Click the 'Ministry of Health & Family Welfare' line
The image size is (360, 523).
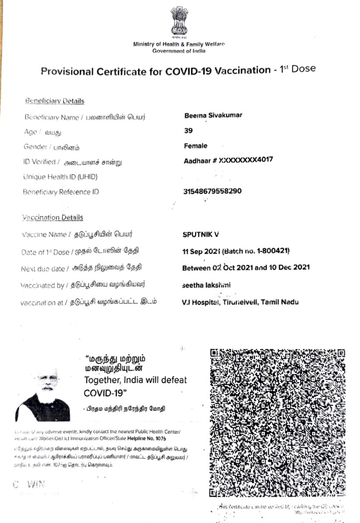point(179,44)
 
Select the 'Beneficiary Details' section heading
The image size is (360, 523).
point(55,101)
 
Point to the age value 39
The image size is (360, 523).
point(188,131)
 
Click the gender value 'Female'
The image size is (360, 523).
point(196,146)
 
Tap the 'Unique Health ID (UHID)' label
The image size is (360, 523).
point(61,176)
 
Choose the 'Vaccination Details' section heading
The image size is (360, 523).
point(52,218)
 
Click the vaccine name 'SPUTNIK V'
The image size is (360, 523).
point(201,235)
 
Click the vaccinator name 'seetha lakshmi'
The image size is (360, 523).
point(207,285)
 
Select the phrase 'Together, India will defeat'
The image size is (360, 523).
point(135,380)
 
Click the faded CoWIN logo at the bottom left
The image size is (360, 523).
point(29,484)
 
